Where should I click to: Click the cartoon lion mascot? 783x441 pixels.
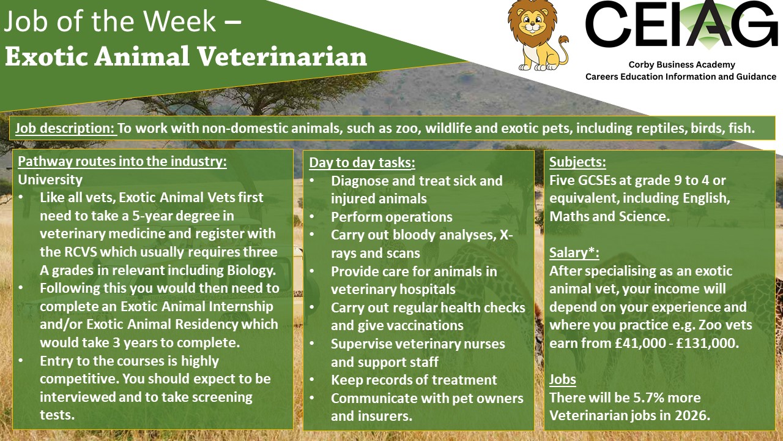tap(537, 35)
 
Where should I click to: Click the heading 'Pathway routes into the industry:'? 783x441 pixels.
tap(122, 162)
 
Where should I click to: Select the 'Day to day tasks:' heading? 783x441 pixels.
tap(362, 163)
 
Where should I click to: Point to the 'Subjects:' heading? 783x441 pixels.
tap(577, 162)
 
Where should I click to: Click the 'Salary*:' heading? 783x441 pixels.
tap(574, 252)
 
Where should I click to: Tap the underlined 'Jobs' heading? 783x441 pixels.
tap(562, 379)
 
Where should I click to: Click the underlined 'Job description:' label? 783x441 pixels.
tap(65, 129)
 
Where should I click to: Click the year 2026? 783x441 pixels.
tap(692, 415)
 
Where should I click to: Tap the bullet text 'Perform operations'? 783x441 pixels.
tap(391, 217)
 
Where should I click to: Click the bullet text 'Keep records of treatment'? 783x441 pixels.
tap(414, 380)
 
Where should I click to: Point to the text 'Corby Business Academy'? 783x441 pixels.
tap(681, 65)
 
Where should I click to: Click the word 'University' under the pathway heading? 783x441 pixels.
tap(50, 180)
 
